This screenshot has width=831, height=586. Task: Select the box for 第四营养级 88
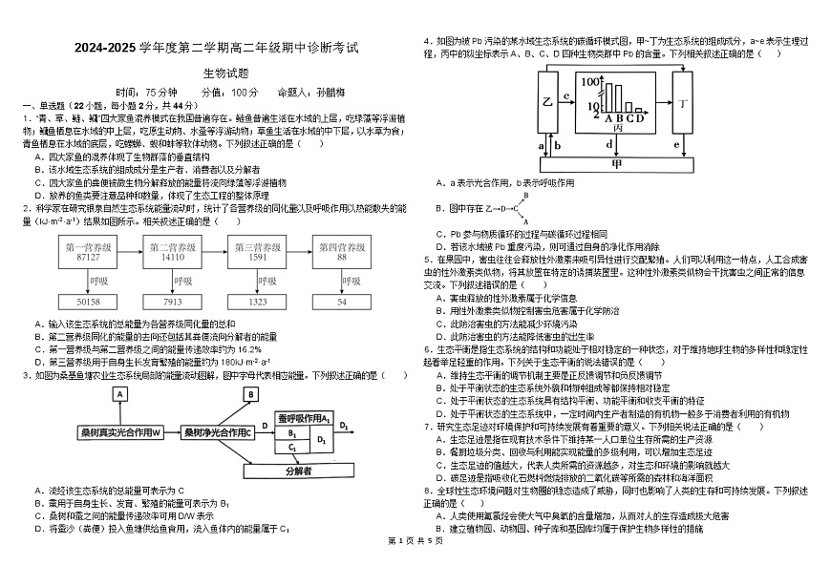pos(342,252)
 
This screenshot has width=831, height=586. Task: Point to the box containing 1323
pos(258,302)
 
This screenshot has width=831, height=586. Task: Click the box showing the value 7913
pos(173,302)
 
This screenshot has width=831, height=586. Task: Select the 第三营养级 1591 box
pos(258,252)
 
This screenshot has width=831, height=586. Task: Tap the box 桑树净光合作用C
pos(218,432)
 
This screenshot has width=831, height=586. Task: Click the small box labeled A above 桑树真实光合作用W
pos(120,393)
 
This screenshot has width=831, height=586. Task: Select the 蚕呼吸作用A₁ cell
pos(304,418)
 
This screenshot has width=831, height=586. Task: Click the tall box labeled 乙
pos(547,101)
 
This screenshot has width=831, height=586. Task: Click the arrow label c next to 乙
pos(566,95)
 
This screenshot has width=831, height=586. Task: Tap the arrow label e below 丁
pos(676,145)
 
